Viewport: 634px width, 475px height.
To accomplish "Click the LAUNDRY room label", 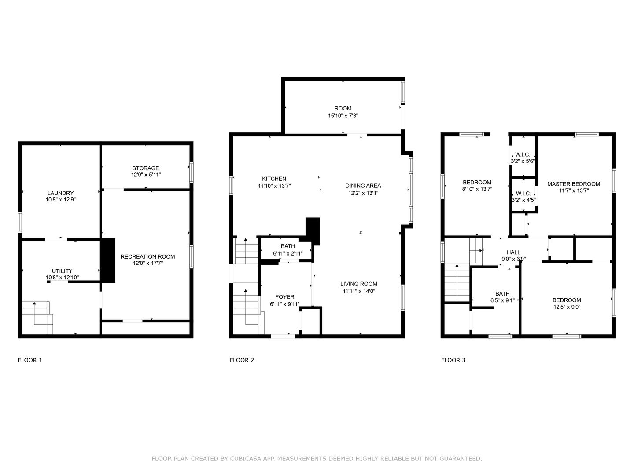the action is [60, 193].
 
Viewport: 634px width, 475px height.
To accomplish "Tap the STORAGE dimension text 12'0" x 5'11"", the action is [146, 175].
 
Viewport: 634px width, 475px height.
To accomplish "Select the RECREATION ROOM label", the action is [147, 256].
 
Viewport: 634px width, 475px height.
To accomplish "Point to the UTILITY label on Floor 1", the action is [62, 271].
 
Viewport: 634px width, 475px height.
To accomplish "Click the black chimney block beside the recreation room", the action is [107, 260].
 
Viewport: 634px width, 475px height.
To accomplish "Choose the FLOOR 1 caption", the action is [30, 360].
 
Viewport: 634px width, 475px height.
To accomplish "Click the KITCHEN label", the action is [274, 179].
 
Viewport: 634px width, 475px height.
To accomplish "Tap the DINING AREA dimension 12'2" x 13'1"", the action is [363, 193].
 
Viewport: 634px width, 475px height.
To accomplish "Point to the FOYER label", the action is [285, 297].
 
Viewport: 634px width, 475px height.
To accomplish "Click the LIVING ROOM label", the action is [359, 284].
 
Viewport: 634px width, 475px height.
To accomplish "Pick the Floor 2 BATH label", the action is [288, 246].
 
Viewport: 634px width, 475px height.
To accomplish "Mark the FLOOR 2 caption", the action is [242, 360].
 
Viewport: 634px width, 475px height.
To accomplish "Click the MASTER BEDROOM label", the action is [574, 184].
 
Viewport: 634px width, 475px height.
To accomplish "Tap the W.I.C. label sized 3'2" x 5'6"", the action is [523, 154].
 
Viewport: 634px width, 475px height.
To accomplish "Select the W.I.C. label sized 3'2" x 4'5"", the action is [523, 193].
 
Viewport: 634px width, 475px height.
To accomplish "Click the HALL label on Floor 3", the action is [513, 252].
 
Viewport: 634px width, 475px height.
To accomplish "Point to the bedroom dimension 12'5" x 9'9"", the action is [567, 307].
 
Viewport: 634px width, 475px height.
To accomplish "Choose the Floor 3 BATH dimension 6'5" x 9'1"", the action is [502, 300].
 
